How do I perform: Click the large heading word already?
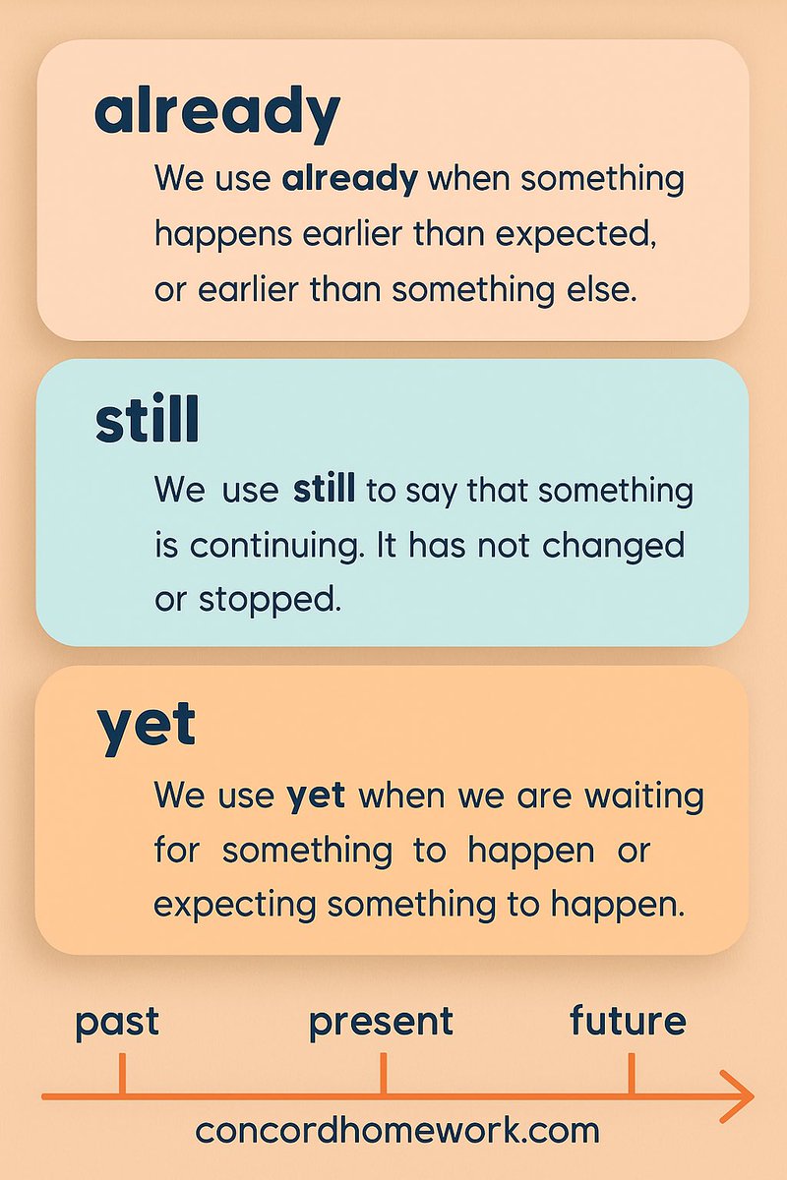(216, 113)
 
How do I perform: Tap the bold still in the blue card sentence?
(324, 490)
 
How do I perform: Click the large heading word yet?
(147, 727)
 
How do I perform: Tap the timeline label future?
(628, 1021)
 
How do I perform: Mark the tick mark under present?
(383, 1074)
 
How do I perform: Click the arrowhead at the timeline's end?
(739, 1095)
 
